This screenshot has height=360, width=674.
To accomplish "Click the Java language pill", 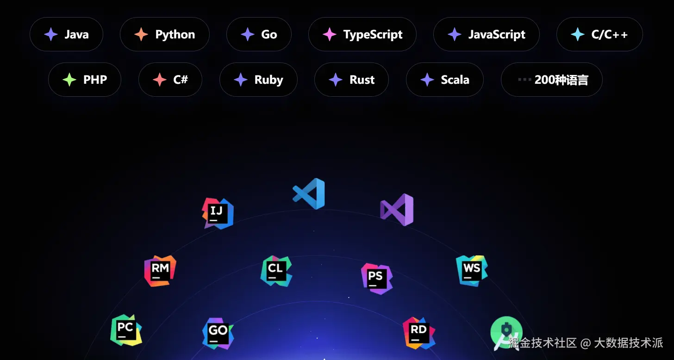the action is click(66, 34).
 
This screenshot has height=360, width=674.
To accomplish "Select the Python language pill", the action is click(165, 34).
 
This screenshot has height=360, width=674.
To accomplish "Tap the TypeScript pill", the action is click(362, 34).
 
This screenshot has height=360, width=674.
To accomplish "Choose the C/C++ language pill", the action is click(599, 34).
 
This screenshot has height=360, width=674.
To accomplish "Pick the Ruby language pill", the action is click(258, 80).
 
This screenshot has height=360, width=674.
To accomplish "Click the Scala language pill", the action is click(444, 80).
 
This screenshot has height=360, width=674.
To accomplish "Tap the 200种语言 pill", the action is click(551, 80).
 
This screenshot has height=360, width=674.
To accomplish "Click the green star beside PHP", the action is click(69, 80).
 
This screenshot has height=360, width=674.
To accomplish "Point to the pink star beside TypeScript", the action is click(329, 34).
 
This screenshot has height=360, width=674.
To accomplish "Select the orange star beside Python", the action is click(141, 34).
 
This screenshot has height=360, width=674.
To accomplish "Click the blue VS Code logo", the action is click(309, 193).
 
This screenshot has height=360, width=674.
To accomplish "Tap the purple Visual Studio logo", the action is click(397, 210).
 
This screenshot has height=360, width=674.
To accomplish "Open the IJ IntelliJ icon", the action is click(218, 213).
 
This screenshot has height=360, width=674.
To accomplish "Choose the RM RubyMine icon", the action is click(160, 271).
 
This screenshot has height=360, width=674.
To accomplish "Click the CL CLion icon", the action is click(276, 271).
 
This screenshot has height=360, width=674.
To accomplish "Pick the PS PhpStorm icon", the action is click(376, 279).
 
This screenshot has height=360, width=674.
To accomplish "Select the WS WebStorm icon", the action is click(472, 270).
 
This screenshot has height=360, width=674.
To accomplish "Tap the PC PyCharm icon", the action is click(126, 330).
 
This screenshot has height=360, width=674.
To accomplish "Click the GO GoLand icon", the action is click(218, 333).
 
